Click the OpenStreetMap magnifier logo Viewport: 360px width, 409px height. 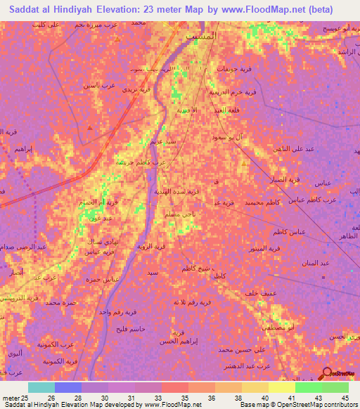click(x=326, y=374)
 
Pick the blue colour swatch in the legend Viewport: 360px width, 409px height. click(x=68, y=387)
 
